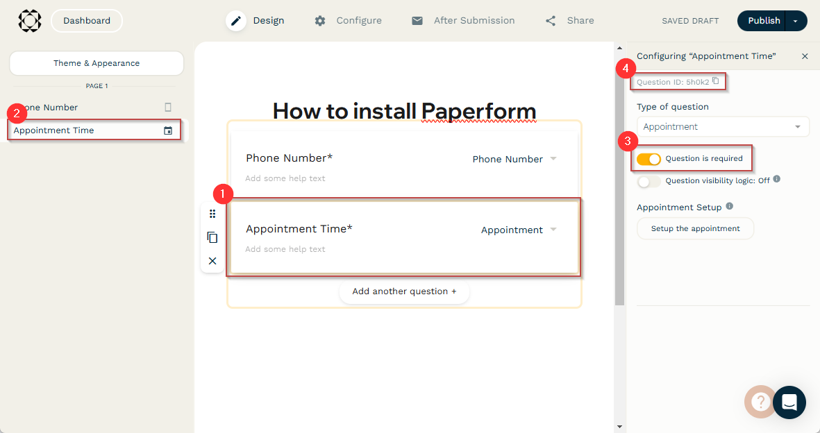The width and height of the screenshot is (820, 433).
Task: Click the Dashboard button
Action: pos(87,21)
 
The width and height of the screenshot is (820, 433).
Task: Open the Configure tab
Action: pos(348,21)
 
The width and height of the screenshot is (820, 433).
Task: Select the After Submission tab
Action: pos(463,21)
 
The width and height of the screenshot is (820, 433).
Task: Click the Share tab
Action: pos(569,21)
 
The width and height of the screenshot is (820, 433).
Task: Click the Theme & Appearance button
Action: pos(97,63)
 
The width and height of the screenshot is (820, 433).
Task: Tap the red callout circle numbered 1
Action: pos(223,194)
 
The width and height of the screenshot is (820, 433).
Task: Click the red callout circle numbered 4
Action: pos(626,69)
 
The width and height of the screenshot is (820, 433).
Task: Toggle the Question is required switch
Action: pos(649,159)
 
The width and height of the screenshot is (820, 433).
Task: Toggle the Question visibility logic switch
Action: pos(649,182)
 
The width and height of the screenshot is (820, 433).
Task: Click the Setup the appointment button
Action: pos(695,228)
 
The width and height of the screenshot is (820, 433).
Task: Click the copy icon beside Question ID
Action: pos(716,81)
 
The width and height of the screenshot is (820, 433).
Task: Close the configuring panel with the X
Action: pos(805,56)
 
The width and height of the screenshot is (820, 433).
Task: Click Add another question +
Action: pos(404,292)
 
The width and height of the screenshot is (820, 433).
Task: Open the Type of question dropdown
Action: pos(723,127)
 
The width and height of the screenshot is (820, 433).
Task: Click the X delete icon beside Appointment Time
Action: pos(212,261)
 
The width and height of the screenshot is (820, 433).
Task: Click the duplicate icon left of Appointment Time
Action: pos(212,237)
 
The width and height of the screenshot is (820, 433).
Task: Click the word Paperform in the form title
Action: pos(478,112)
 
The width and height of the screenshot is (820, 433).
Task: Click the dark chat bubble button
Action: pos(789,402)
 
